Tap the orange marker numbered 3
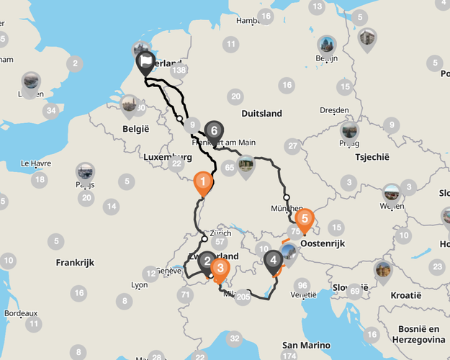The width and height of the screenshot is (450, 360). [x=221, y=269]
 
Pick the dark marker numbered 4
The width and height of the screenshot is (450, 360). [x=273, y=260]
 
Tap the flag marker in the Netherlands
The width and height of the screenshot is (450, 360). [x=147, y=62]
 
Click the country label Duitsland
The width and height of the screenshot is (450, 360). [x=261, y=114]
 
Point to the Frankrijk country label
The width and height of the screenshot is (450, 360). [x=75, y=263]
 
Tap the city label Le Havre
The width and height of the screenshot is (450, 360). [x=35, y=163]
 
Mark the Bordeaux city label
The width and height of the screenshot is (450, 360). [x=20, y=313]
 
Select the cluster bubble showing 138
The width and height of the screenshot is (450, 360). [x=179, y=70]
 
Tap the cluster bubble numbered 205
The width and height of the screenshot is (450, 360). [x=243, y=297]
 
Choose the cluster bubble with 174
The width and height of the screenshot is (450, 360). [x=289, y=356]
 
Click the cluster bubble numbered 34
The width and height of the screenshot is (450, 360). [x=50, y=111]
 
